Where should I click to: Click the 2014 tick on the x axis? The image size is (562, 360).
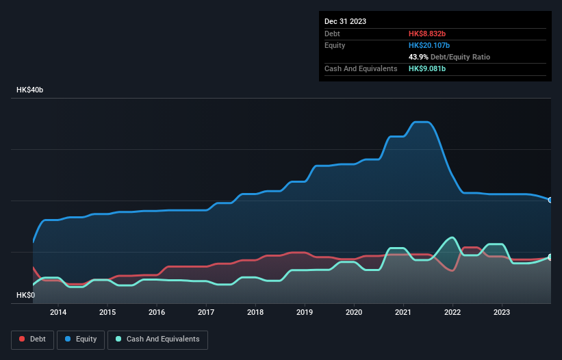(x=58, y=312)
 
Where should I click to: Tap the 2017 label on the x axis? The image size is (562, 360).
(x=206, y=312)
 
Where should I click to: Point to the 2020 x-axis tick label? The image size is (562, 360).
(x=354, y=312)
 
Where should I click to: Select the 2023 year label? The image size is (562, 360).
(x=502, y=312)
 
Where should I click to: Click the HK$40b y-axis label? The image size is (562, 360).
(x=31, y=90)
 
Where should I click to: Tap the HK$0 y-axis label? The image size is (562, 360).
(x=25, y=295)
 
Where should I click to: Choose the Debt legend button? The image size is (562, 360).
(x=32, y=339)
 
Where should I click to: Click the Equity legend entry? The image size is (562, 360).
(x=81, y=339)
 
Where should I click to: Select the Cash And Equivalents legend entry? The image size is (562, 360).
(x=157, y=339)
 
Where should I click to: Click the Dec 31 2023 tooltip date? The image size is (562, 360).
(x=346, y=21)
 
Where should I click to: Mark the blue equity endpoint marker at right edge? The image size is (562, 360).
(x=550, y=200)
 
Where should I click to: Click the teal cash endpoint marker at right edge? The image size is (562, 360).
(x=550, y=257)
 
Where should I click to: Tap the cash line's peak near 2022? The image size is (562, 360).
(x=452, y=237)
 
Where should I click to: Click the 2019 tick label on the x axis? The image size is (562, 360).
(x=305, y=312)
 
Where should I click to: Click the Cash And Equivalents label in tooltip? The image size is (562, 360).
(x=361, y=69)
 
